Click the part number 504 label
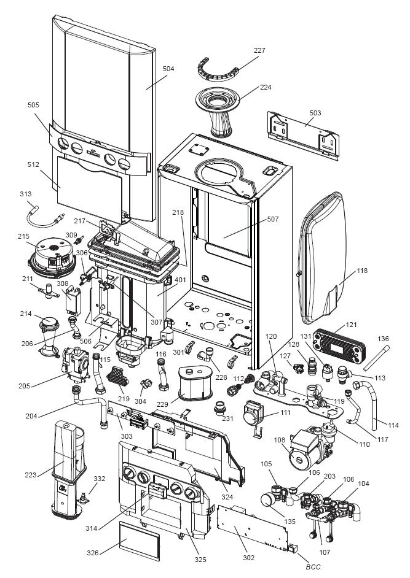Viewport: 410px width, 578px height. tap(168, 69)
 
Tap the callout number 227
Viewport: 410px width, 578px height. tap(259, 50)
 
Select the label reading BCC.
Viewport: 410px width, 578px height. tap(314, 566)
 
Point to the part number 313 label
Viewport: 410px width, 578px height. tap(26, 194)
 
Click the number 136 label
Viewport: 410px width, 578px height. tap(383, 339)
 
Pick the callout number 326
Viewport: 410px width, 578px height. tap(93, 553)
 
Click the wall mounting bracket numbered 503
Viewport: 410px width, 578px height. tap(303, 136)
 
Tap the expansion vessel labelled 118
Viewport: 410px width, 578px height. tap(323, 258)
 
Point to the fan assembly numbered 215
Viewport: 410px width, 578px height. tap(52, 257)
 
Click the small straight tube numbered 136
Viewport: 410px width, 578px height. tap(376, 358)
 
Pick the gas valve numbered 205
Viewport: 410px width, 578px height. tap(76, 364)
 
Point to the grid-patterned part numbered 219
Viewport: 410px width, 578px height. tap(118, 377)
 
